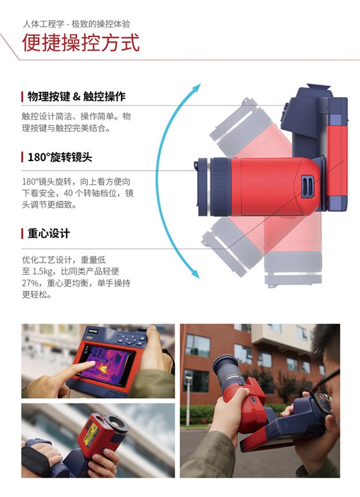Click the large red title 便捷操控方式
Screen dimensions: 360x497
[x=81, y=42]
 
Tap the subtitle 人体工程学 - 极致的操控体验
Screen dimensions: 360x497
[x=76, y=24]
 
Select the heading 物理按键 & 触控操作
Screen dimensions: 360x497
[x=76, y=96]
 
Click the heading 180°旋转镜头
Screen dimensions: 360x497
[x=60, y=157]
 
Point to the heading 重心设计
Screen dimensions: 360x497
[x=49, y=234]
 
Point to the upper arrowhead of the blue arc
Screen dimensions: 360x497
[x=197, y=87]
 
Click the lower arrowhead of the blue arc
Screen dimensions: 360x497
[x=195, y=274]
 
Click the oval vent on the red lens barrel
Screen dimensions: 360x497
[x=307, y=186]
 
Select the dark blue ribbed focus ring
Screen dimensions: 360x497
[x=221, y=187]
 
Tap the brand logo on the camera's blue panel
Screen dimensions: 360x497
[x=93, y=331]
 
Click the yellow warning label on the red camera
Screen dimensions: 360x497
[x=91, y=433]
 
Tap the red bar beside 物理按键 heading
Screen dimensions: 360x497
[x=22, y=96]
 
